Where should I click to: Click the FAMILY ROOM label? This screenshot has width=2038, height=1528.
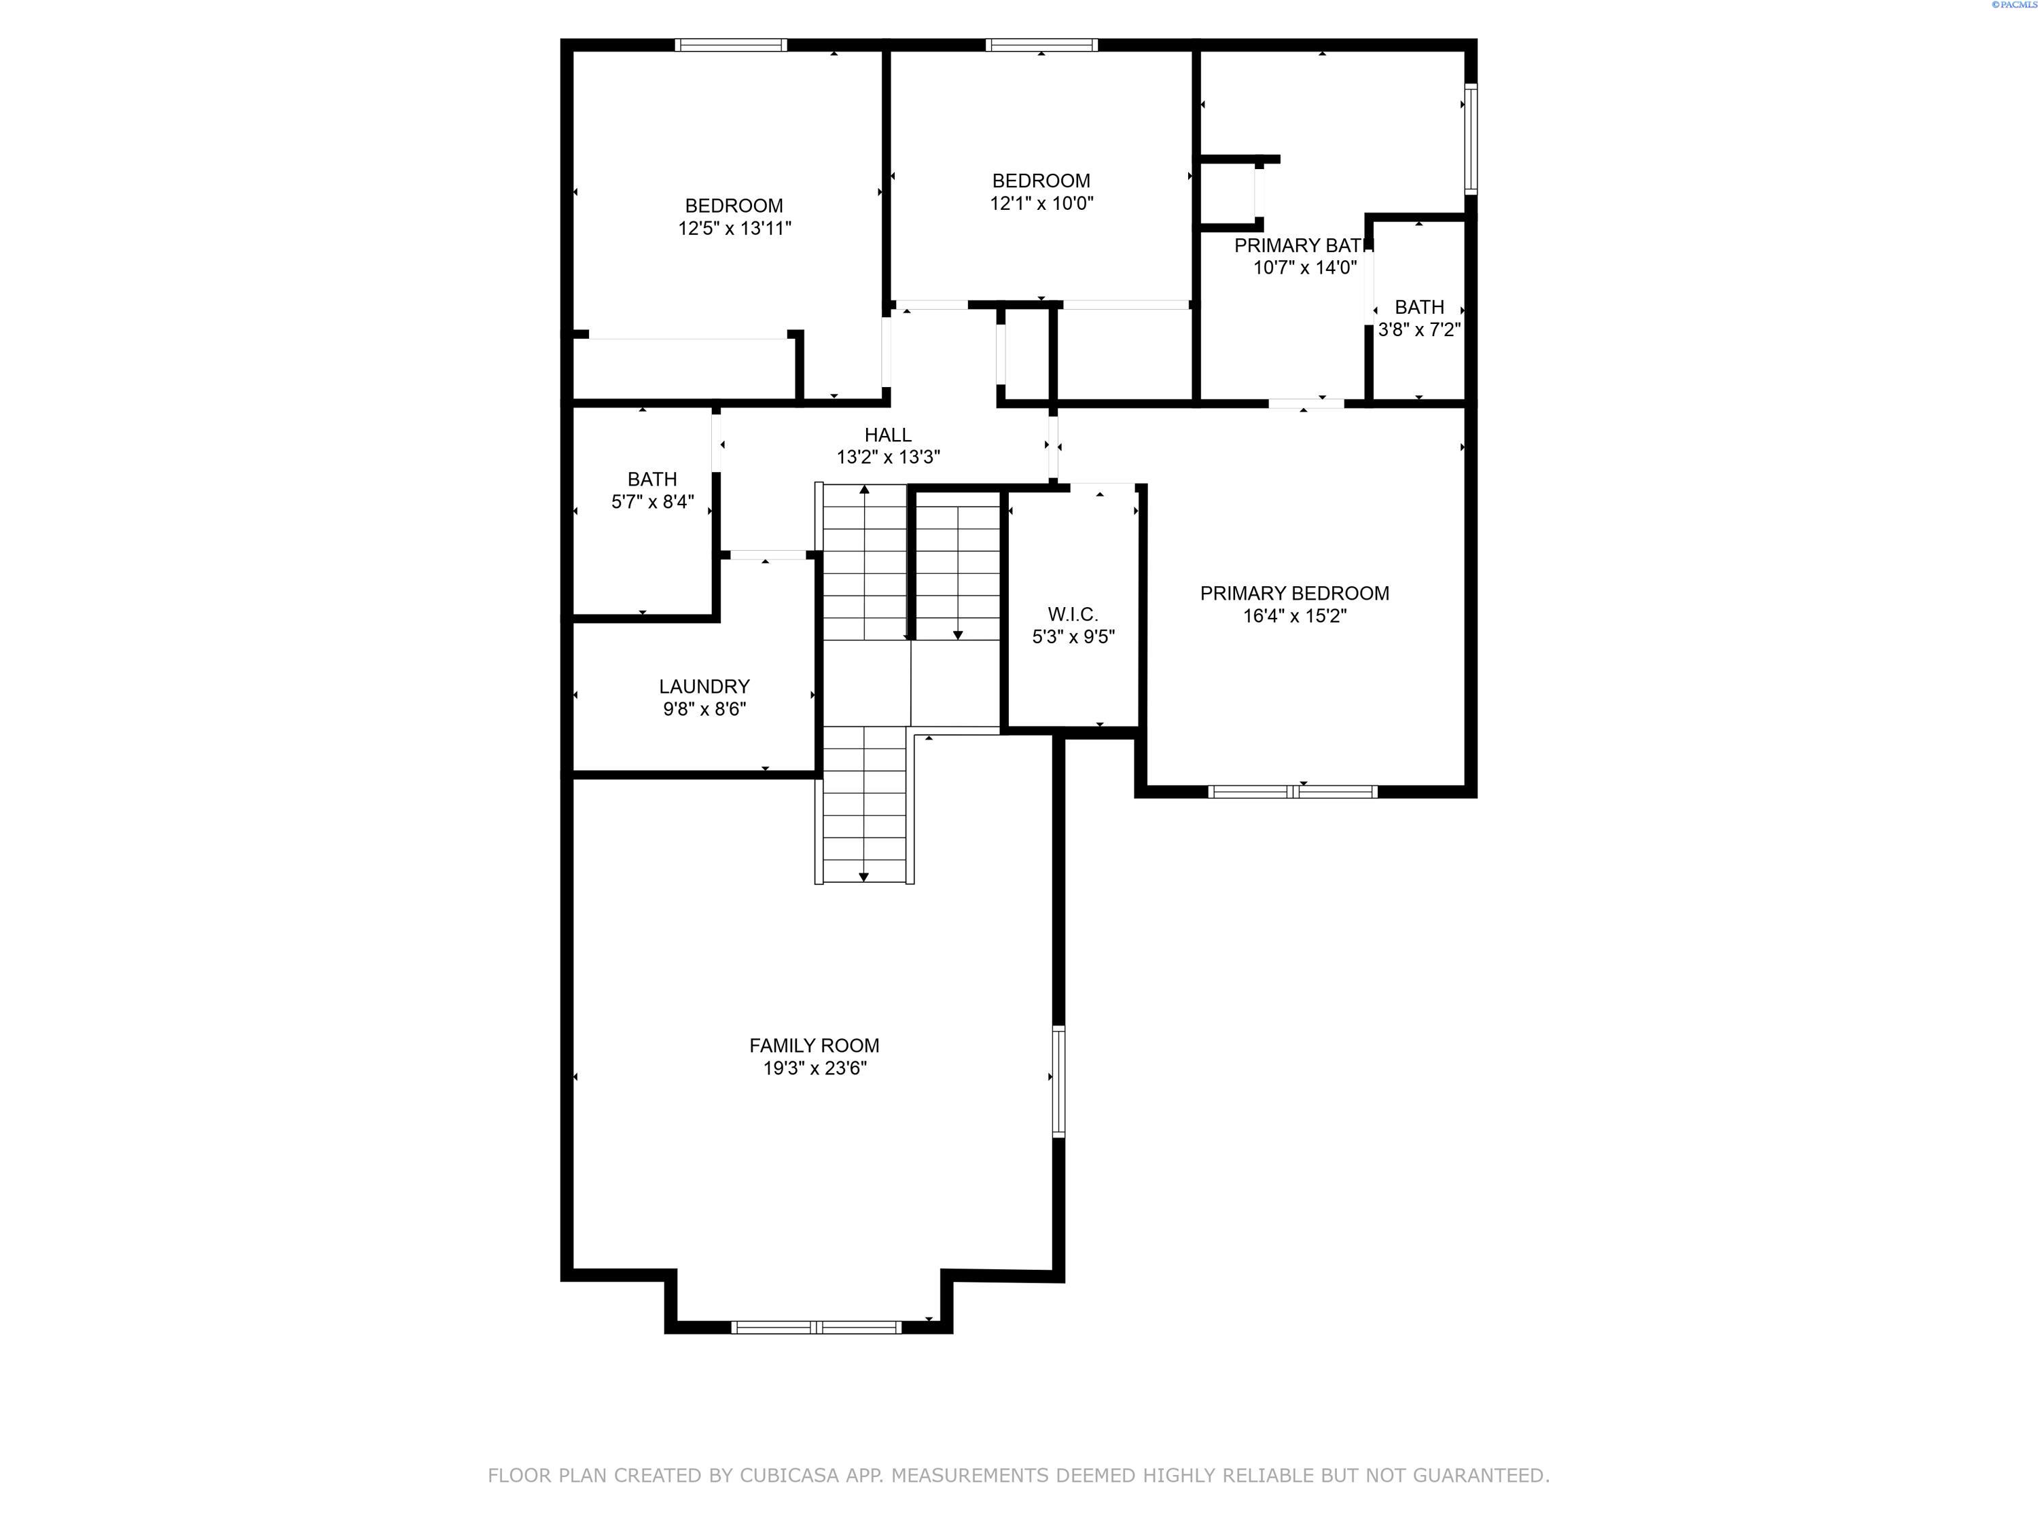814,1045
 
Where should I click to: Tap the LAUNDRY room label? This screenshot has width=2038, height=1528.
704,686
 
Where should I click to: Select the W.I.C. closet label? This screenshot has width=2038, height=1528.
1073,615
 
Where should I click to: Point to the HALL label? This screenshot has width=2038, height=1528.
887,435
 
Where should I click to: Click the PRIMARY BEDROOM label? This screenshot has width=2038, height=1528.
1295,593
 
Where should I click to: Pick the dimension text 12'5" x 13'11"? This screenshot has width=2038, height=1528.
734,228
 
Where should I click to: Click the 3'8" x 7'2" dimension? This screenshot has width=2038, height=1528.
1419,330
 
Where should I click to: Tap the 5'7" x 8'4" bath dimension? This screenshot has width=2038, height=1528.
652,502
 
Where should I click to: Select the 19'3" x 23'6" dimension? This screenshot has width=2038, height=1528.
815,1068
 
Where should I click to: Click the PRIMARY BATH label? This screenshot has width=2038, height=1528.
1304,245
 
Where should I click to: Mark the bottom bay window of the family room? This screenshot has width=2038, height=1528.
817,1327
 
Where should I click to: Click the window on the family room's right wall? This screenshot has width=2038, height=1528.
1058,1081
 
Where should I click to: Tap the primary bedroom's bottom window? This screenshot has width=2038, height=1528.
1293,791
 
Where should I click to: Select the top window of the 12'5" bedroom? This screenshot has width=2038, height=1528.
730,45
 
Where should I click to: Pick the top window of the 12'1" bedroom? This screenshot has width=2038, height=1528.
1041,45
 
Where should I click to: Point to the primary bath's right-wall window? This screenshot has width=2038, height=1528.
1471,139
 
